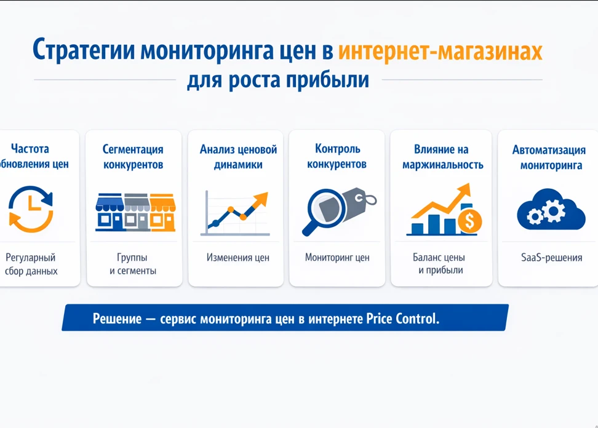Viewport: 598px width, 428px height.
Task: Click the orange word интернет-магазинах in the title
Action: pyautogui.click(x=440, y=51)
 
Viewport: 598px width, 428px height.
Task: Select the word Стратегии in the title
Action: pyautogui.click(x=84, y=51)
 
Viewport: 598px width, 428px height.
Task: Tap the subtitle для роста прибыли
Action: pyautogui.click(x=278, y=81)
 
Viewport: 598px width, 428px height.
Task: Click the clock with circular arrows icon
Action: pyautogui.click(x=31, y=209)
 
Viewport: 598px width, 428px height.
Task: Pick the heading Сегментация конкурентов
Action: pyautogui.click(x=133, y=157)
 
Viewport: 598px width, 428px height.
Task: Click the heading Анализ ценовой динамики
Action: pyautogui.click(x=238, y=157)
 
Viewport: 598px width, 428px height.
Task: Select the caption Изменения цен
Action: pyautogui.click(x=238, y=258)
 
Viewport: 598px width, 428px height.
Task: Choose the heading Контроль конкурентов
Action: pyautogui.click(x=337, y=156)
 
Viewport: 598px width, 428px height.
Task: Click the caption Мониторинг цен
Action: pyautogui.click(x=337, y=258)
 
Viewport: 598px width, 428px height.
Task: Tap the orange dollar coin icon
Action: pyautogui.click(x=470, y=222)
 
